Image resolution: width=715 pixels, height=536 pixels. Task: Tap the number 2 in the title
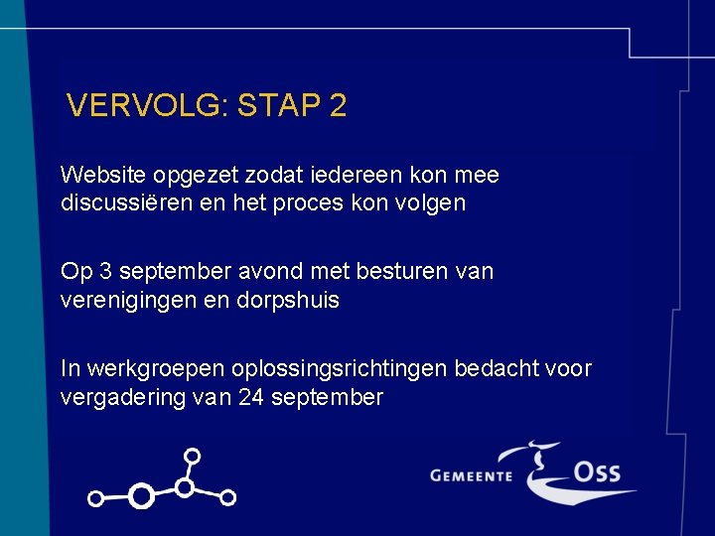tap(337, 106)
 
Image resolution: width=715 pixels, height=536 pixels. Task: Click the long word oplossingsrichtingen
tap(340, 369)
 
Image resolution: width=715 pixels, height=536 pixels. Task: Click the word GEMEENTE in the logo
tap(471, 475)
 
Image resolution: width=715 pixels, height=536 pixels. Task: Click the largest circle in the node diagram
tap(142, 495)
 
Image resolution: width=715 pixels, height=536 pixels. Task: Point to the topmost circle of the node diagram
tap(193, 457)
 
